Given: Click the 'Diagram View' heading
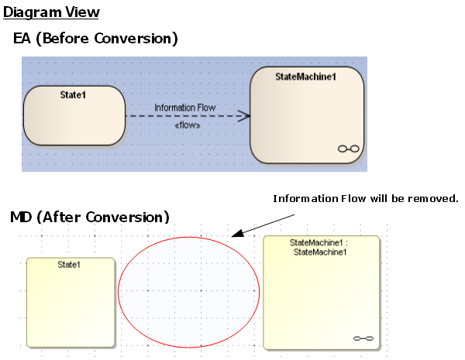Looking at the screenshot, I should [51, 13].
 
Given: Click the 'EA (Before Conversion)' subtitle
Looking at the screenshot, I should [95, 38].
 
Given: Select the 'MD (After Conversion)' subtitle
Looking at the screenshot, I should [89, 218].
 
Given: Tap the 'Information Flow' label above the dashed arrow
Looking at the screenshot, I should [184, 108].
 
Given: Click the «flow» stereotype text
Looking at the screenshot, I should [188, 125].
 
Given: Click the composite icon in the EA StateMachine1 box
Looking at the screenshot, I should [350, 149].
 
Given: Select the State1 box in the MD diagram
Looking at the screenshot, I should [71, 302].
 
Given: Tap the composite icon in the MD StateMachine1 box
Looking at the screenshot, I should [363, 338].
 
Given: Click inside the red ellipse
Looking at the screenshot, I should [189, 291].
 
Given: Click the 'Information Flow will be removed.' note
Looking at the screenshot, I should [366, 199].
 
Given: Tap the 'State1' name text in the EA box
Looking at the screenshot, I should [74, 94].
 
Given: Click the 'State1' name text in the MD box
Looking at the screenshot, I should [70, 265].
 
